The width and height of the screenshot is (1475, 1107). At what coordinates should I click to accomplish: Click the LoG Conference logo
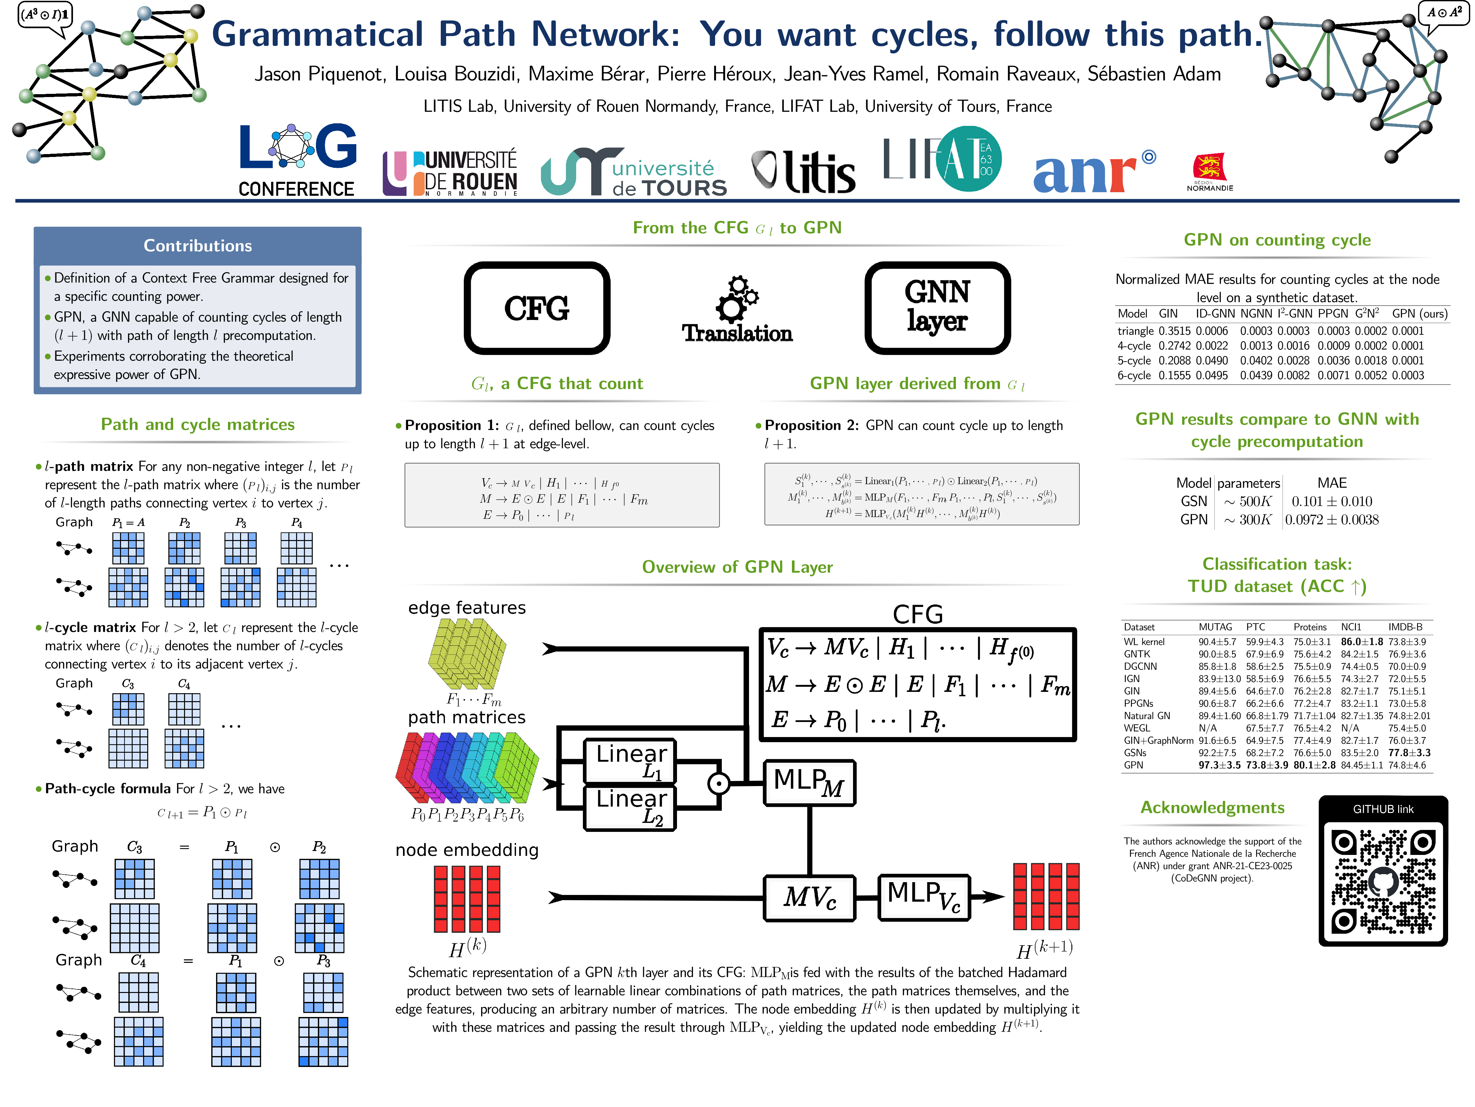[297, 160]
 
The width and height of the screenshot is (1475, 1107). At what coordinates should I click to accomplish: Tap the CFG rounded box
[537, 308]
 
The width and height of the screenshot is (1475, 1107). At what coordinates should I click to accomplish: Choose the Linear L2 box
[630, 808]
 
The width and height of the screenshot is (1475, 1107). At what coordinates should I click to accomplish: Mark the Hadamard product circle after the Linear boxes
[719, 783]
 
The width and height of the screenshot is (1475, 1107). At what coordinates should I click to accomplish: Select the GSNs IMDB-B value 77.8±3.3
[1409, 753]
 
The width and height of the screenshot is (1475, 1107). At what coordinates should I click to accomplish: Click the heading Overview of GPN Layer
[737, 567]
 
